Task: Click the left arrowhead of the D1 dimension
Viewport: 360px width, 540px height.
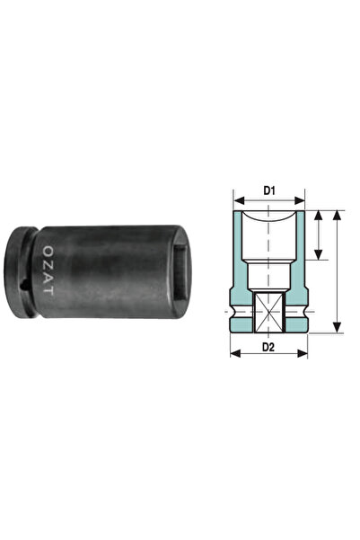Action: coord(235,199)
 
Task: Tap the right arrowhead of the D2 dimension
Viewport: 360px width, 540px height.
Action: coord(305,353)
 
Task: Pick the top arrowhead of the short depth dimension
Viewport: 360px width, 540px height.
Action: coord(320,214)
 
